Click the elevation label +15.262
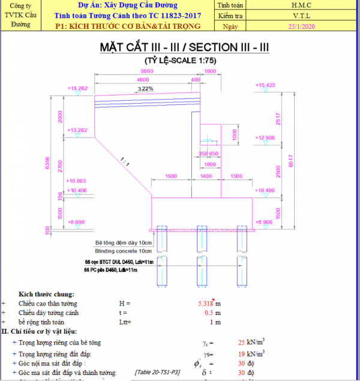click(78, 88)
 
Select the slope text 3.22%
click(145, 89)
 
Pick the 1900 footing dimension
click(170, 176)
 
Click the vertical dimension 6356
click(47, 164)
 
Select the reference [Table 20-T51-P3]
click(158, 373)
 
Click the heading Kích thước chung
click(46, 294)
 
